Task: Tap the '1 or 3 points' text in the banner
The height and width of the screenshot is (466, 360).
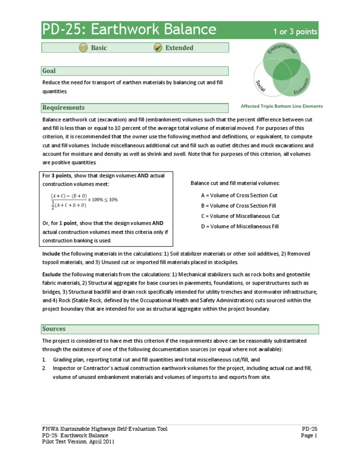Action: [295, 32]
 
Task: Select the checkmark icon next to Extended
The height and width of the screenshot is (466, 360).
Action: [158, 48]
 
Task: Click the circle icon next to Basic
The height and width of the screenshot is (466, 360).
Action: [83, 48]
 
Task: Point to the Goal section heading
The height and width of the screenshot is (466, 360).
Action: [49, 71]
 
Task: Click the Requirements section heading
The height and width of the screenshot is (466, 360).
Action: [63, 107]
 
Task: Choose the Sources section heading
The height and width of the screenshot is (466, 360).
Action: [54, 329]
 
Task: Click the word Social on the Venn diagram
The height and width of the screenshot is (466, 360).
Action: [261, 85]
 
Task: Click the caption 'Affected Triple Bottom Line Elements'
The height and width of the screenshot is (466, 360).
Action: [281, 106]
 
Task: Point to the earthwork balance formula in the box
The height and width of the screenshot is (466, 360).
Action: [84, 200]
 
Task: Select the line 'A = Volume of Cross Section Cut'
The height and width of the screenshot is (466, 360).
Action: [239, 195]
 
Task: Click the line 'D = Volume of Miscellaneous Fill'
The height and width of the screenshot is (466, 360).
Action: [240, 226]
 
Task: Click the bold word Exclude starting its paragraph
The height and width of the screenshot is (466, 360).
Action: [52, 274]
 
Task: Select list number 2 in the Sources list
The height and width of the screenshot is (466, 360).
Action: [44, 368]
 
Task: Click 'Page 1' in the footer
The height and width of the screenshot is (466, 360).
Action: [309, 435]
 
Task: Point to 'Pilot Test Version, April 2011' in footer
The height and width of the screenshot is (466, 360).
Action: [78, 442]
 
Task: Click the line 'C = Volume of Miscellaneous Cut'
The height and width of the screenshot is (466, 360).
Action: [240, 216]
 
